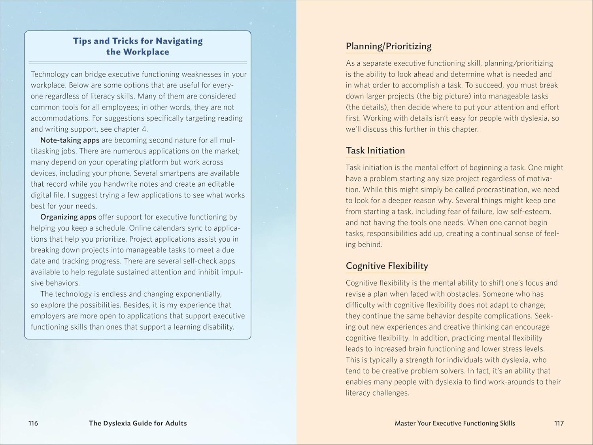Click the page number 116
coord(33,423)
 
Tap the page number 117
coord(559,423)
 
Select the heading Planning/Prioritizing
coord(389,46)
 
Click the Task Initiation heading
coord(375,151)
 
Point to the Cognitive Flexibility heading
coord(387,266)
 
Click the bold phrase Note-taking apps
coord(70,140)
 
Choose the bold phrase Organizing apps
coord(68,217)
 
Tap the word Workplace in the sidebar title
coord(146,52)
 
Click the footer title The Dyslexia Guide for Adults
coord(138,423)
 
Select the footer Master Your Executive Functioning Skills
coord(455,423)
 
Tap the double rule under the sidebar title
coord(138,63)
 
